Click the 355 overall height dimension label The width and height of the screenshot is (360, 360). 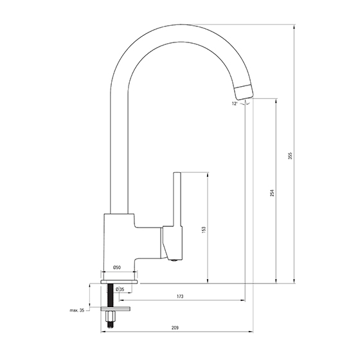click(290, 156)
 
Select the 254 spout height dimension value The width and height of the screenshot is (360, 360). click(272, 193)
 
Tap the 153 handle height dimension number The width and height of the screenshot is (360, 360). click(204, 230)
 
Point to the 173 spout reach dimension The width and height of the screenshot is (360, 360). click(180, 296)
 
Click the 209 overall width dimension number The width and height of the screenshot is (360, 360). click(175, 328)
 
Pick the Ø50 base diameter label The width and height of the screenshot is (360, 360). click(117, 267)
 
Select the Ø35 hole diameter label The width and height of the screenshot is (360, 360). click(120, 289)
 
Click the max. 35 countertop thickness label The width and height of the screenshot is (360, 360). click(77, 310)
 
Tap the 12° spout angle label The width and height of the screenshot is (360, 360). click(235, 104)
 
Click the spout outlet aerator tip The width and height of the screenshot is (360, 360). click(244, 92)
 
